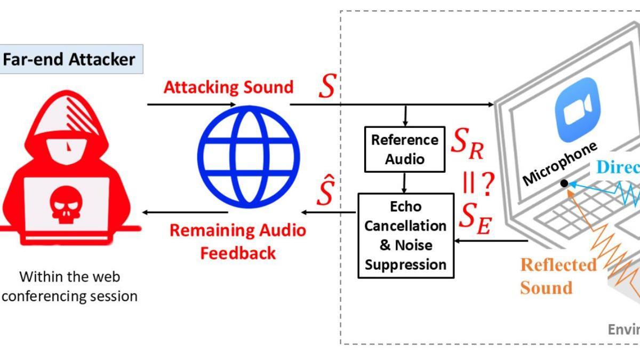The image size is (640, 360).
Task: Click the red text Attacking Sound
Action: pyautogui.click(x=228, y=87)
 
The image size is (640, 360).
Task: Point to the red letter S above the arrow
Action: pyautogui.click(x=326, y=87)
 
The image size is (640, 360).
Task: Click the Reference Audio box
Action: pyautogui.click(x=405, y=149)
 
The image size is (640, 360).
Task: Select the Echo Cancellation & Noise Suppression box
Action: pyautogui.click(x=405, y=235)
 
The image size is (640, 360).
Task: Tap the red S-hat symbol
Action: pyautogui.click(x=325, y=193)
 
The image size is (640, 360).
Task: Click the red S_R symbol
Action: pyautogui.click(x=468, y=144)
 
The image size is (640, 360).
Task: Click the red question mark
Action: pyautogui.click(x=487, y=183)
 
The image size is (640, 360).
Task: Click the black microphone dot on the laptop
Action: pyautogui.click(x=564, y=183)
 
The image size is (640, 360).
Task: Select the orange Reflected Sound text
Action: pyautogui.click(x=558, y=276)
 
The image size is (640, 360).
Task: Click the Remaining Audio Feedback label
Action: pyautogui.click(x=238, y=241)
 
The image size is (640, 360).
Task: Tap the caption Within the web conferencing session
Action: pyautogui.click(x=70, y=286)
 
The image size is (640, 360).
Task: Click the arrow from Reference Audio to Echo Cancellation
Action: pyautogui.click(x=404, y=183)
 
